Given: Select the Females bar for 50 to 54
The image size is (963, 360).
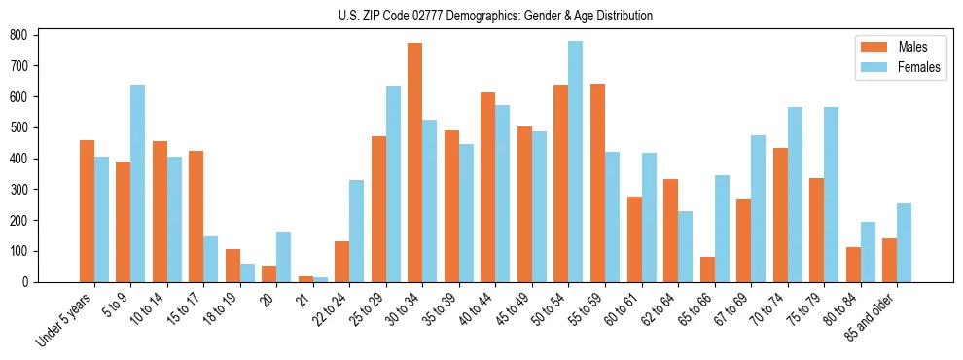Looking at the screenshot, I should [x=576, y=162].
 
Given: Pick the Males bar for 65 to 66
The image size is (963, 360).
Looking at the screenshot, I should [x=707, y=270].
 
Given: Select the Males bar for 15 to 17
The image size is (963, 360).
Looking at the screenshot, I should [x=196, y=216].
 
